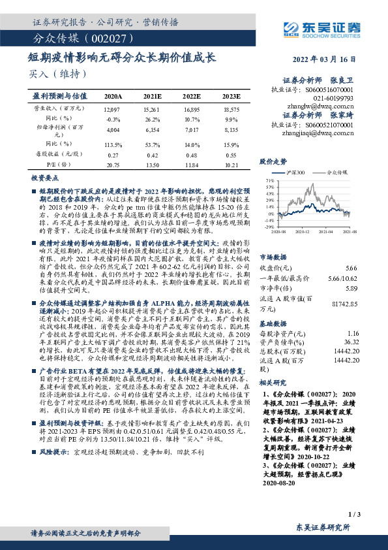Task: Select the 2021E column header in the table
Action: click(153, 95)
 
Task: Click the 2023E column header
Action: click(231, 95)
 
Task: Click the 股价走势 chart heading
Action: click(274, 161)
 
